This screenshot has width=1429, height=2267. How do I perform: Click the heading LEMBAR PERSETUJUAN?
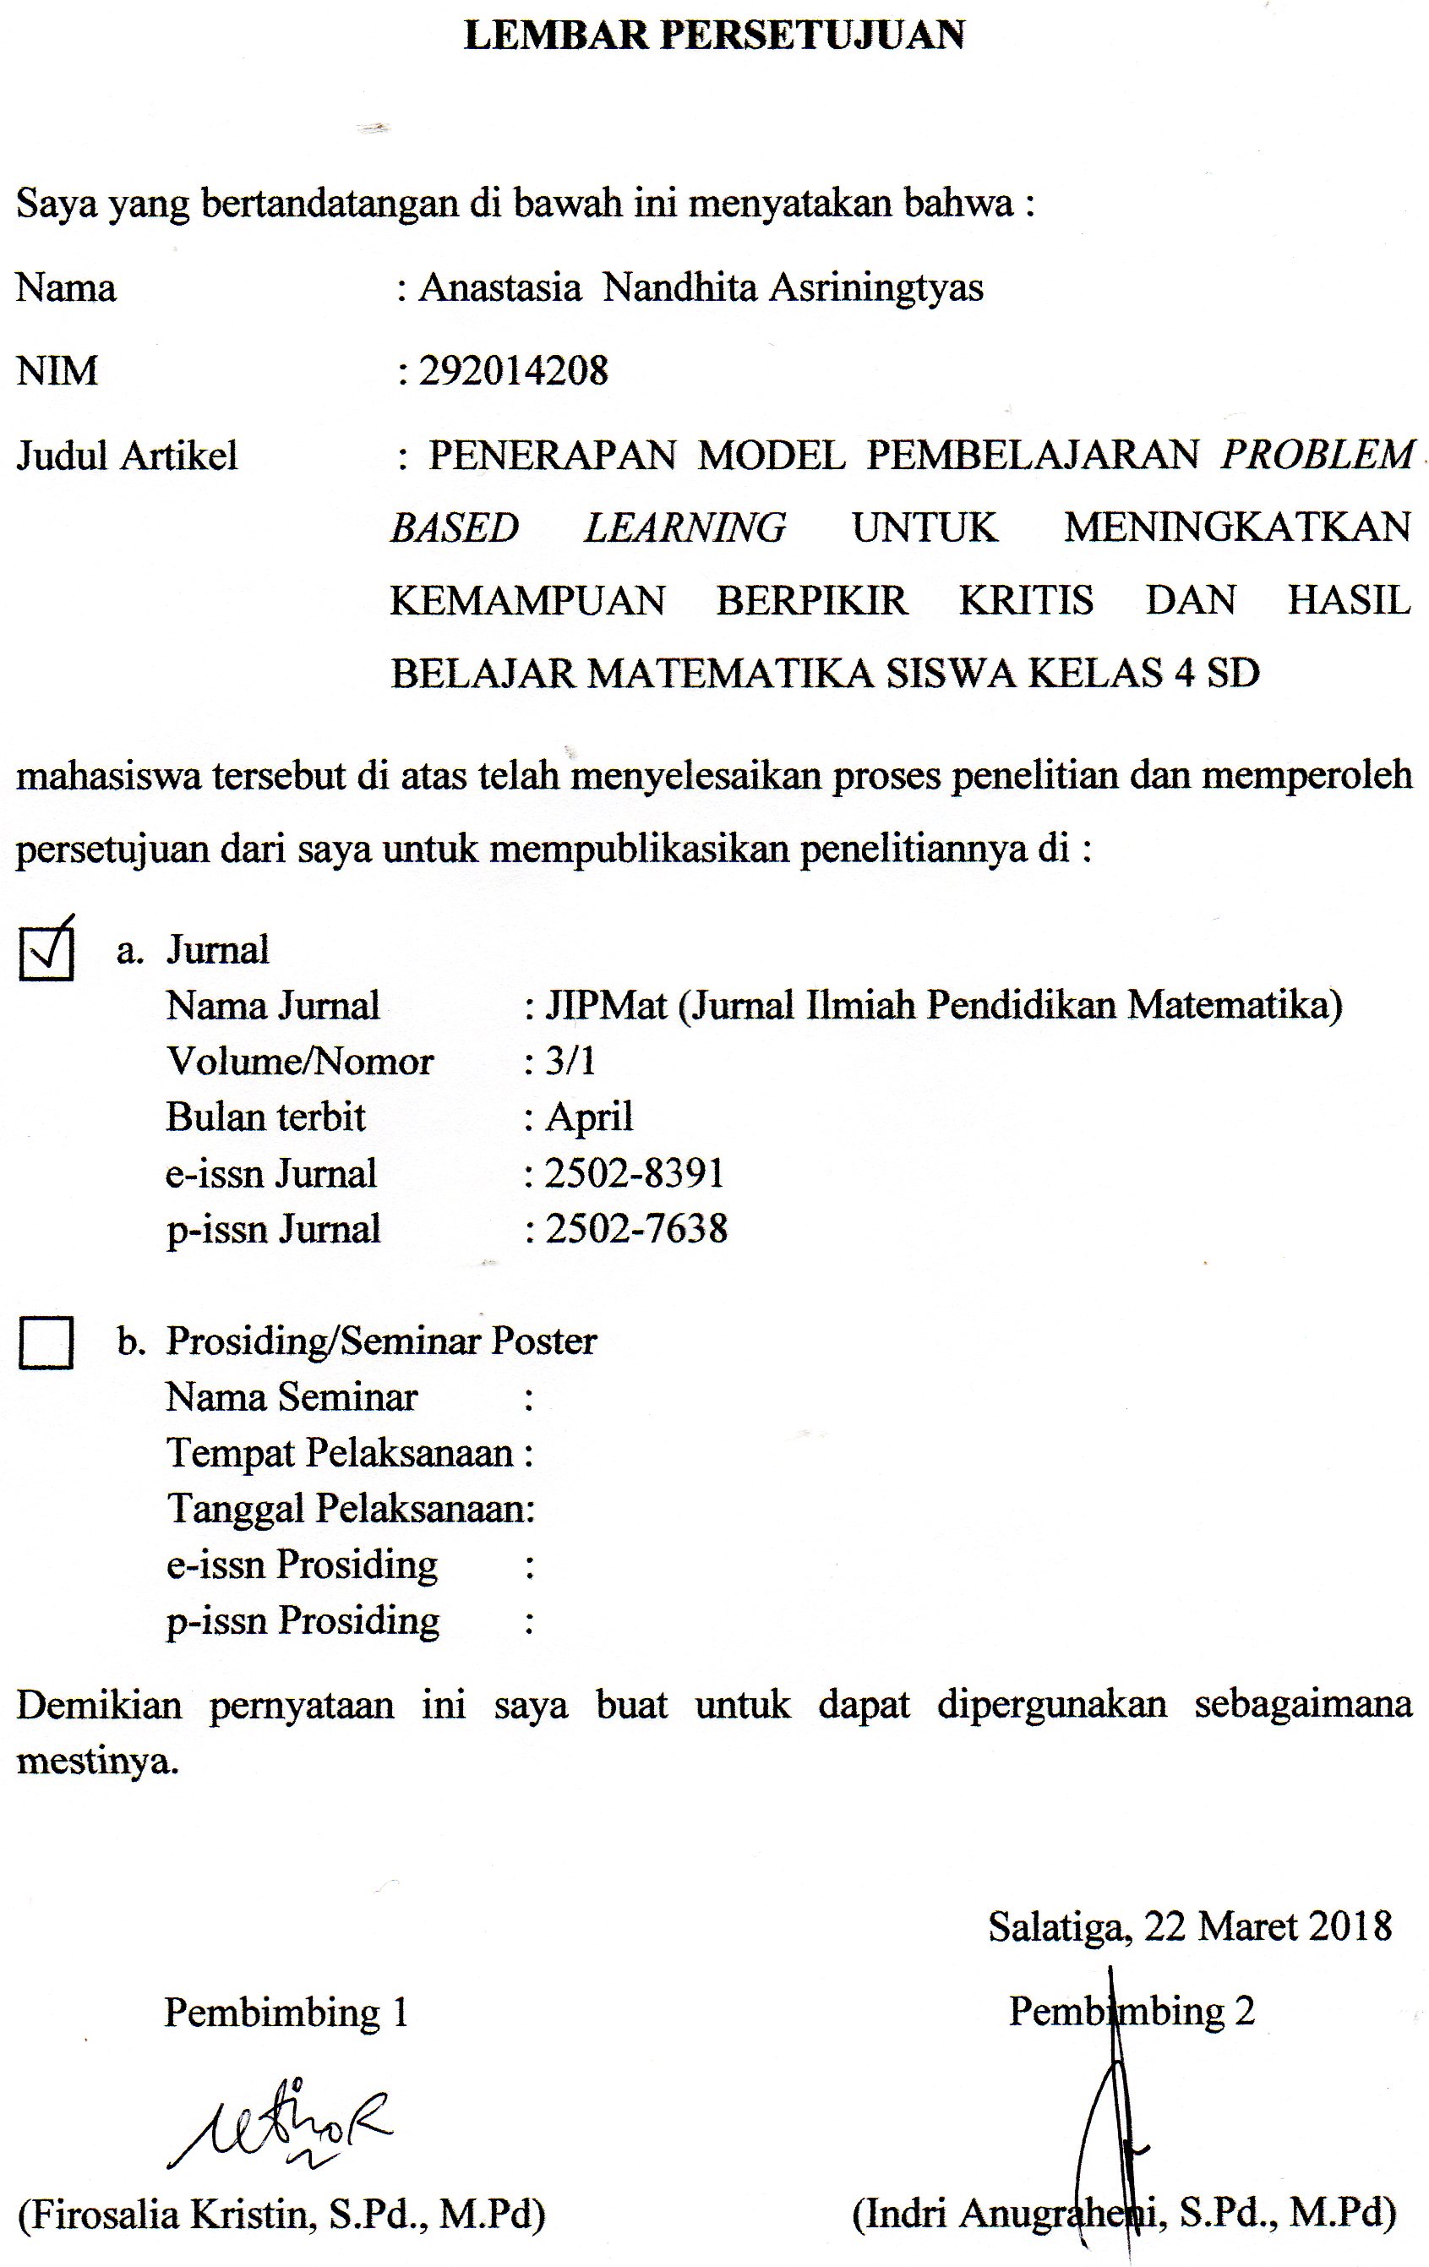pyautogui.click(x=715, y=36)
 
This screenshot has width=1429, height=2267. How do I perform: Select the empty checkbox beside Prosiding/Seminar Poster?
pyautogui.click(x=46, y=1341)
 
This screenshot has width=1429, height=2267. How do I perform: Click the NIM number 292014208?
pyautogui.click(x=514, y=371)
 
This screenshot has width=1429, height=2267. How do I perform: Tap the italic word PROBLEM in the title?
pyautogui.click(x=1317, y=456)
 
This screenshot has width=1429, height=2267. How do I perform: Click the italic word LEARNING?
pyautogui.click(x=685, y=527)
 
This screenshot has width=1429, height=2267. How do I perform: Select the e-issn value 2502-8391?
pyautogui.click(x=635, y=1173)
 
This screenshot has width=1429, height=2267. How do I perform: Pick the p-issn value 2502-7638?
pyautogui.click(x=636, y=1228)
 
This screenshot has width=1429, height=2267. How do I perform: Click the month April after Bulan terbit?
pyautogui.click(x=589, y=1117)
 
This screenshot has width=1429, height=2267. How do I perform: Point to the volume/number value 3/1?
pyautogui.click(x=570, y=1061)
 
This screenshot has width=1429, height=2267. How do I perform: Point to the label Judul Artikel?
pyautogui.click(x=127, y=456)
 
